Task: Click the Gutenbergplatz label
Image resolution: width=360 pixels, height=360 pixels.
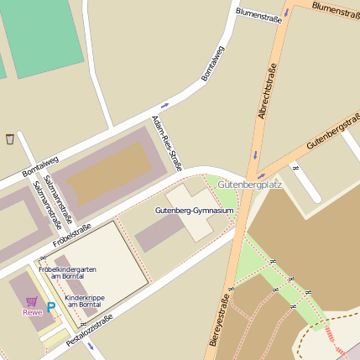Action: (x=249, y=183)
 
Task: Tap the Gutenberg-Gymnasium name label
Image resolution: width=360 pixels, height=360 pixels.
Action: (x=194, y=210)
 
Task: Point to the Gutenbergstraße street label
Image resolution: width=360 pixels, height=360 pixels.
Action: (x=332, y=131)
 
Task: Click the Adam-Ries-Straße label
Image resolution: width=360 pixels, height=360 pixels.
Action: (x=164, y=142)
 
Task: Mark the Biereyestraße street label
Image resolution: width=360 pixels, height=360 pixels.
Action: (x=221, y=320)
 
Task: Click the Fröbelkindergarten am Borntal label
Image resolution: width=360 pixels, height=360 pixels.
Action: (x=67, y=272)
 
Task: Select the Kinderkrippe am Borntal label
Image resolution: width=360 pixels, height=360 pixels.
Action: (x=84, y=300)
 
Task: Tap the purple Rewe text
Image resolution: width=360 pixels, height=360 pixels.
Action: (x=32, y=312)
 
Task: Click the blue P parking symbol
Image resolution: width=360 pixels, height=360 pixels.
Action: (x=50, y=308)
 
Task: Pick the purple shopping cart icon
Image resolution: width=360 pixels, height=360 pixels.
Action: (x=31, y=300)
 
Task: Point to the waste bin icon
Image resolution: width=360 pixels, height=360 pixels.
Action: (x=9, y=138)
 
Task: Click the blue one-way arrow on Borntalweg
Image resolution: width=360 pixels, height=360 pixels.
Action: (x=164, y=105)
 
